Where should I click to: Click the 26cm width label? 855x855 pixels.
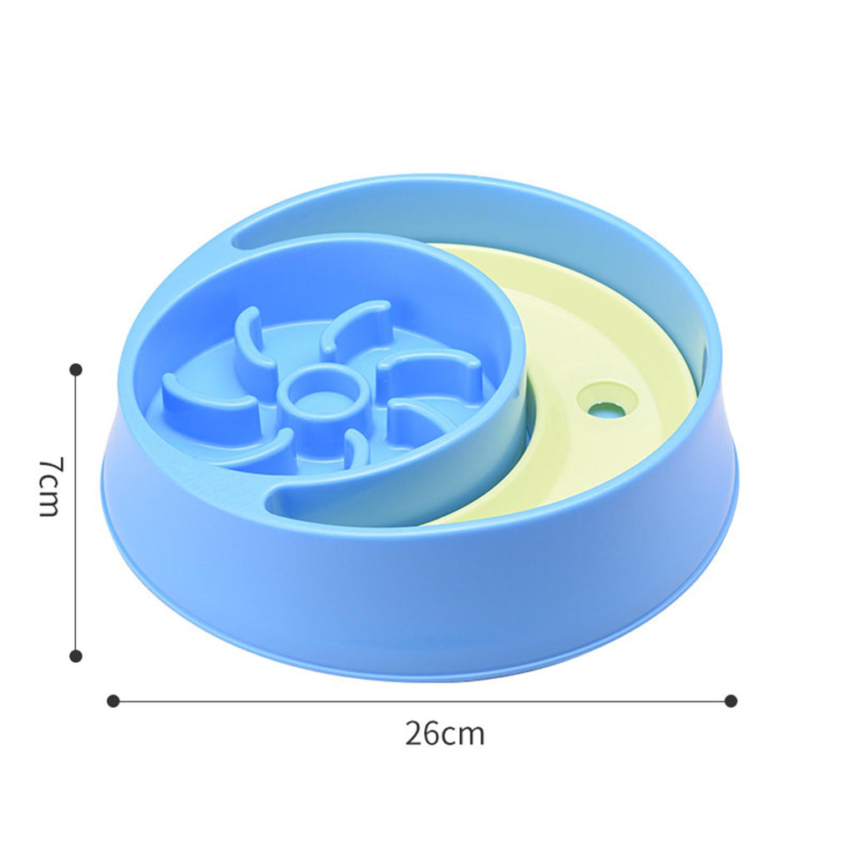(444, 733)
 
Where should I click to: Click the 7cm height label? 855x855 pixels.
(49, 486)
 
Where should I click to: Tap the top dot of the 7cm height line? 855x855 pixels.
(76, 370)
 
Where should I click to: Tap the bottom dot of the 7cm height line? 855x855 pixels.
(76, 655)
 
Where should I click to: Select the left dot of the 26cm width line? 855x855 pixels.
(113, 701)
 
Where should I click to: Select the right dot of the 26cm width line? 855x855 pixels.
(731, 701)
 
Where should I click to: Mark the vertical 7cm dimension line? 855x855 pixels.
(76, 513)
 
